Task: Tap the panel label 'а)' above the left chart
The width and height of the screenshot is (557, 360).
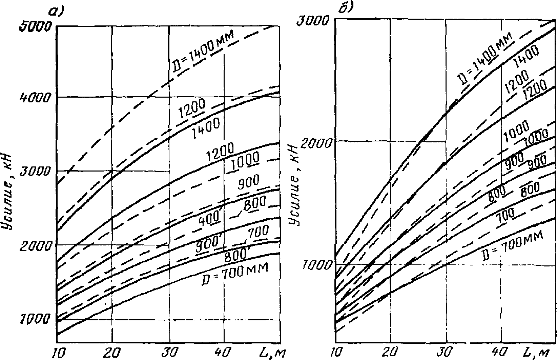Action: coord(57,12)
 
